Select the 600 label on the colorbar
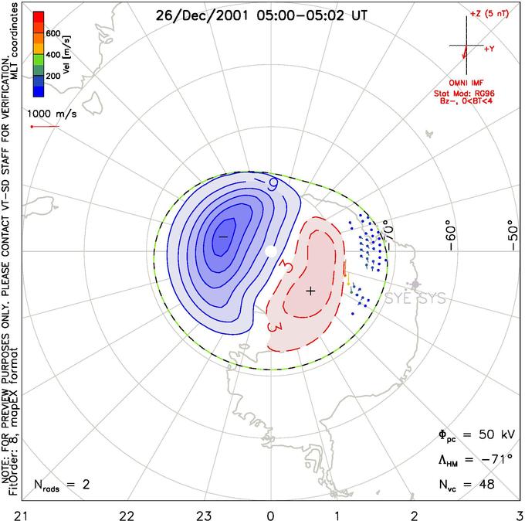pyautogui.click(x=54, y=33)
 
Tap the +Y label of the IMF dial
pyautogui.click(x=489, y=49)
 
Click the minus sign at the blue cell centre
pyautogui.click(x=223, y=234)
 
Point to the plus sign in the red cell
pyautogui.click(x=310, y=291)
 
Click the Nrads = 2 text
pyautogui.click(x=61, y=485)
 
